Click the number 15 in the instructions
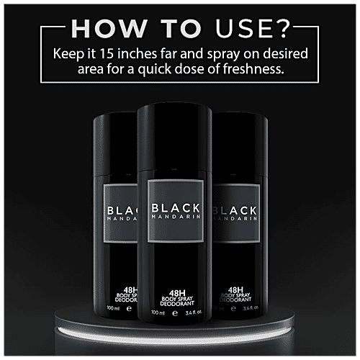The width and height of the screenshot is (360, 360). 107,53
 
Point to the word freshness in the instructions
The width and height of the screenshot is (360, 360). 253,69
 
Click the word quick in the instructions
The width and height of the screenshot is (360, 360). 155,70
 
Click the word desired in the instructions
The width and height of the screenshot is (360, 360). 285,53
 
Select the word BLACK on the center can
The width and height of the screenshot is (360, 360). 176,208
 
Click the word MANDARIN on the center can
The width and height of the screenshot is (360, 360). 176,217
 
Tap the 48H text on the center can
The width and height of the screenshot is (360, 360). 177,293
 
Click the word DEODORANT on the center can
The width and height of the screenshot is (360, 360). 177,304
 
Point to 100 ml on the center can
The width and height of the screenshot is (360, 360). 158,312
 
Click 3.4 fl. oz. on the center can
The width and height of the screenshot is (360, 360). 194,312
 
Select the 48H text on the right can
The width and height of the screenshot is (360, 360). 235,289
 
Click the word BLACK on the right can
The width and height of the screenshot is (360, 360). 235,211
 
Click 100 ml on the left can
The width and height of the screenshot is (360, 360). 113,308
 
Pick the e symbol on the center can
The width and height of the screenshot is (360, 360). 175,313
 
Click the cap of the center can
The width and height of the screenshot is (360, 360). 174,137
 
